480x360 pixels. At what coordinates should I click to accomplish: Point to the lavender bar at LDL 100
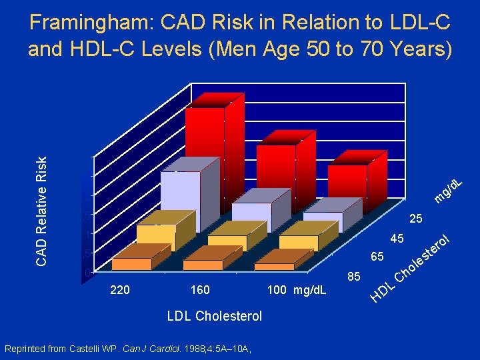click(x=323, y=221)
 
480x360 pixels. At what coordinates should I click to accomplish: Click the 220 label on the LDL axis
click(x=120, y=290)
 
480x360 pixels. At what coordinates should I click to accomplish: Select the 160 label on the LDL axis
click(x=200, y=290)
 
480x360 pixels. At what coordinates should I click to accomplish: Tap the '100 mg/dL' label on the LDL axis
click(x=297, y=290)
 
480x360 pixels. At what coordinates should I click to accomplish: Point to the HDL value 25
click(x=416, y=219)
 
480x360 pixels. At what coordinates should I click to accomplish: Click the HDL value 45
click(x=397, y=238)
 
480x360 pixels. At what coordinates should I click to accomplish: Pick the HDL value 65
click(x=377, y=257)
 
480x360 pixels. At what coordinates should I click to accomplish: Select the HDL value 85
click(x=355, y=275)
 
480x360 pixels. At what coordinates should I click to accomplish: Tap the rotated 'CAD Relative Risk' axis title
click(x=41, y=211)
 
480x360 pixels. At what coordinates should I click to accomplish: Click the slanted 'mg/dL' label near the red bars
click(x=449, y=189)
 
